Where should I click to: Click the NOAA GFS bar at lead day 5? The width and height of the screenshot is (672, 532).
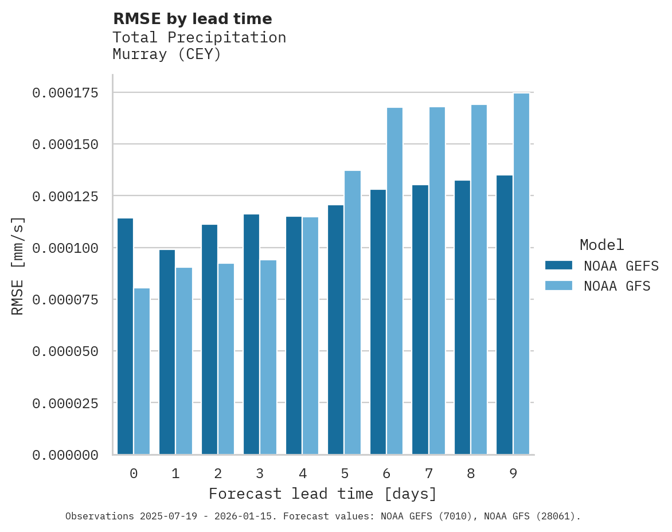click(x=353, y=312)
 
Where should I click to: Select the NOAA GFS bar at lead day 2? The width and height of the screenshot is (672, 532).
click(x=226, y=359)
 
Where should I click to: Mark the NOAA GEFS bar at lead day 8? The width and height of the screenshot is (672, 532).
click(x=462, y=318)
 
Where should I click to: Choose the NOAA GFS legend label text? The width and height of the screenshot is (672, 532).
click(x=617, y=285)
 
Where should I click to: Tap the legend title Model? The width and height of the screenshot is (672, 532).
click(x=601, y=245)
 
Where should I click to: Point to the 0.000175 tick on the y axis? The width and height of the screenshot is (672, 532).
click(x=65, y=93)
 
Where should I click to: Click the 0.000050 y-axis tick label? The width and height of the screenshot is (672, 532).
click(x=65, y=351)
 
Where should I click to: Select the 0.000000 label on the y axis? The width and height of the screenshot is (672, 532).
click(x=65, y=455)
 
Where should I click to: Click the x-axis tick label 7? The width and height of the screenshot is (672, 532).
click(x=429, y=474)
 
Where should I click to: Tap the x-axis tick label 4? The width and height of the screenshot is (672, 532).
click(x=302, y=474)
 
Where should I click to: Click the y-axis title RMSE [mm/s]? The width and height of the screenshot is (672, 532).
click(x=18, y=265)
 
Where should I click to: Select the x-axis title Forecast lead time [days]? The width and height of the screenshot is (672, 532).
click(x=323, y=494)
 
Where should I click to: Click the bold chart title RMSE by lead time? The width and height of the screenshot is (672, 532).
click(x=192, y=19)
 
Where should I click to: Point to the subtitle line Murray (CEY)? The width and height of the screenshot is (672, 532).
click(x=167, y=54)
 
